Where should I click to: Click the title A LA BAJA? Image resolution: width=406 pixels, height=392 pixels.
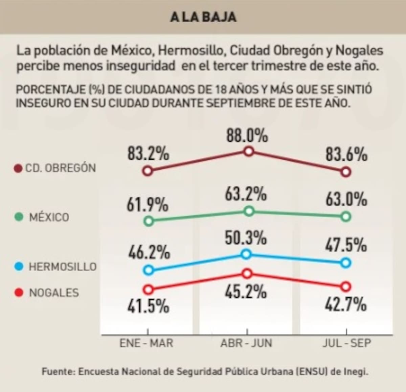click(203, 17)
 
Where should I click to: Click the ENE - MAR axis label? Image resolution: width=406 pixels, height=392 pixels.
click(146, 343)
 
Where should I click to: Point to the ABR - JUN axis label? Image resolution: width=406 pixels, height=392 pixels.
click(246, 343)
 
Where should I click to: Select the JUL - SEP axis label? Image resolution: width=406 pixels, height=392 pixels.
click(346, 343)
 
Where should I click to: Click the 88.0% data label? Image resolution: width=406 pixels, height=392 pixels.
click(247, 136)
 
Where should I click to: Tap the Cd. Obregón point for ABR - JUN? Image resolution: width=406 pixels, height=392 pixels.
click(249, 151)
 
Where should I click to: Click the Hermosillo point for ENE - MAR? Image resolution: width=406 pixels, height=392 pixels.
click(148, 270)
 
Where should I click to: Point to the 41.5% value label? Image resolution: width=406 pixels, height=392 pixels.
click(148, 306)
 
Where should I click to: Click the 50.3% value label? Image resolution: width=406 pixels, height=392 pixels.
click(246, 238)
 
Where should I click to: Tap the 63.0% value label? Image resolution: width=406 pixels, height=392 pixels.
click(346, 199)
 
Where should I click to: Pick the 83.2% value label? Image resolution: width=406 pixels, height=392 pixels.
click(148, 154)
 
